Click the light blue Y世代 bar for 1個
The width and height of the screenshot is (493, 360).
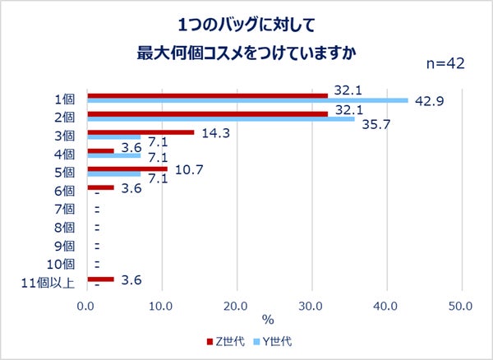(247, 101)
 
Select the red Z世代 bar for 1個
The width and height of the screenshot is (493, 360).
(207, 95)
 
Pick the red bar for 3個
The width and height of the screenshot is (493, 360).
(141, 132)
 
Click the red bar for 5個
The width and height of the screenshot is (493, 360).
(127, 168)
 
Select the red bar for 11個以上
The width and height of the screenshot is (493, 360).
(100, 279)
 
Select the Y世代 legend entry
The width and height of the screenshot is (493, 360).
(274, 339)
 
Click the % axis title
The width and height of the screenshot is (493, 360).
(268, 319)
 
